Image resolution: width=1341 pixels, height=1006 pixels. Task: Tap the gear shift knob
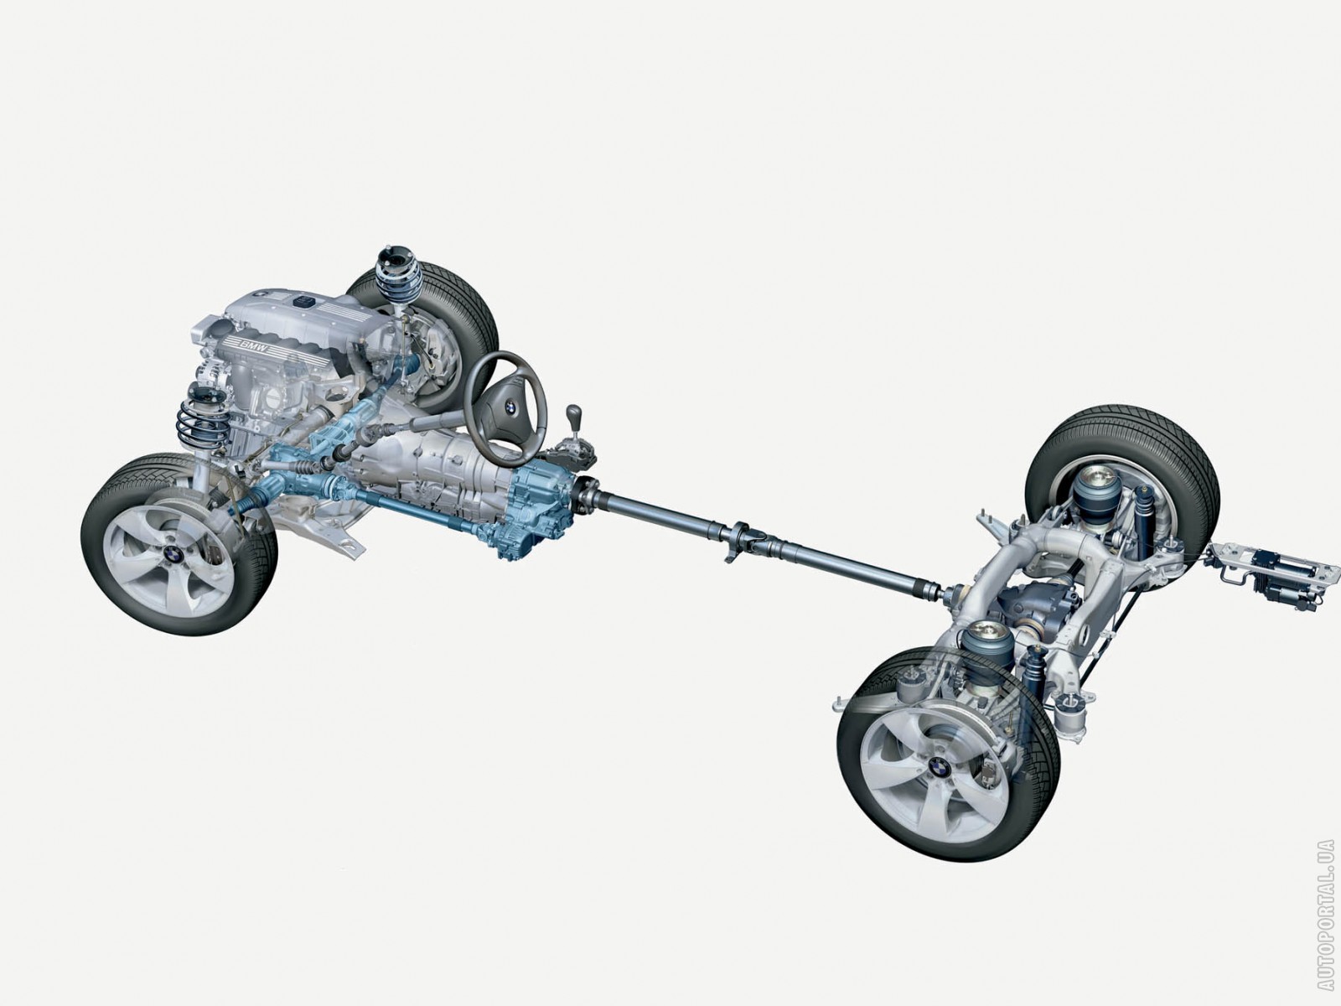pos(573,415)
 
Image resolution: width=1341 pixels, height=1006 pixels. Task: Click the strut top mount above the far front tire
pos(395,257)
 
